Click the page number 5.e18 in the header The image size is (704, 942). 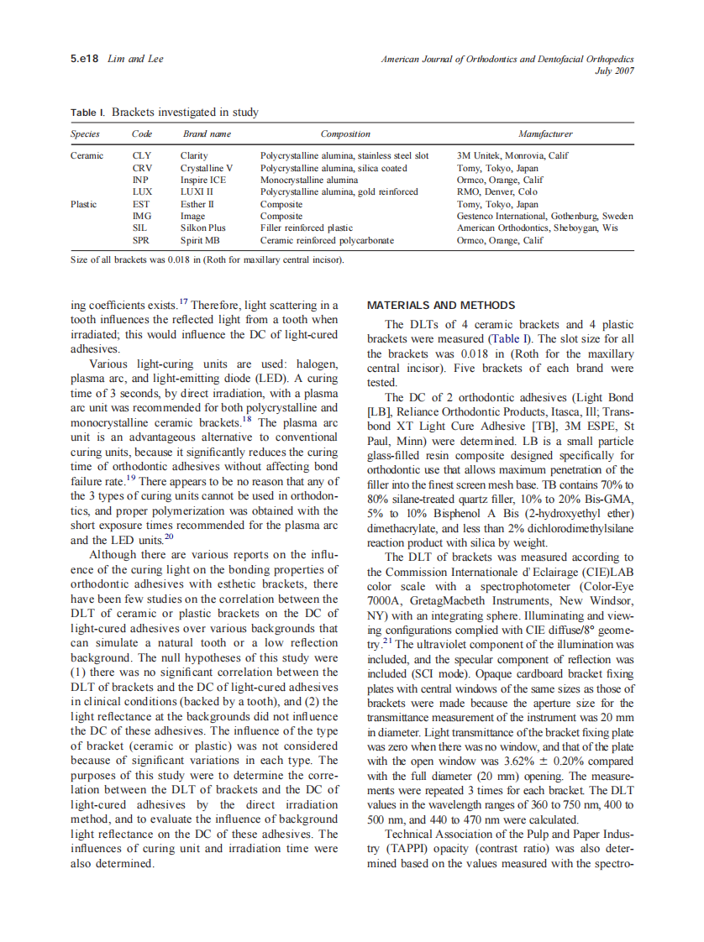(x=85, y=59)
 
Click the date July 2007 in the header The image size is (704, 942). (x=614, y=71)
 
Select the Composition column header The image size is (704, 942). (x=345, y=133)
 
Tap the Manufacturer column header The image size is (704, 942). (x=545, y=133)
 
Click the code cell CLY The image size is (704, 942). (x=142, y=155)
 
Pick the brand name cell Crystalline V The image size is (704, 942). (x=207, y=168)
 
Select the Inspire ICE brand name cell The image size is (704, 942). (x=202, y=180)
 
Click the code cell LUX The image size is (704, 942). (x=142, y=191)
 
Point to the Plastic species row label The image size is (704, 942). (x=84, y=204)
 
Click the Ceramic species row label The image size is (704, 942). (x=87, y=155)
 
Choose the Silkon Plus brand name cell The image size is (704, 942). (x=203, y=228)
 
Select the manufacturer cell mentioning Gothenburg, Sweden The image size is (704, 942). (x=544, y=216)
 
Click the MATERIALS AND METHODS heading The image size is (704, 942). (x=441, y=305)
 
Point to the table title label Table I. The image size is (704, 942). (x=88, y=113)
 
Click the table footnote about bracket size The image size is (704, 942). (x=208, y=259)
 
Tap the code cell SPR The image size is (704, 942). (x=141, y=240)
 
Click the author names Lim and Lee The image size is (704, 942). (x=136, y=59)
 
